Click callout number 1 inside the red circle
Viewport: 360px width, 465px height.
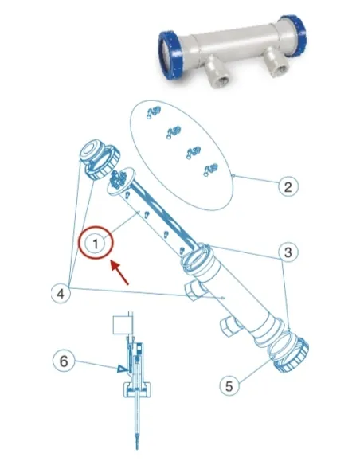96,244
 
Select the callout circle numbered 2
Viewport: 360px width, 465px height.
288,187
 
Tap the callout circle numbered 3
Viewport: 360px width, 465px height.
288,252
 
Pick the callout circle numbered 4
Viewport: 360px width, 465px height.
61,294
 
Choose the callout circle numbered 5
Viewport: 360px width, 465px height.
229,386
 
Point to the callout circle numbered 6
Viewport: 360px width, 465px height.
64,361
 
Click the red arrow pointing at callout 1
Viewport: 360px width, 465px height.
119,272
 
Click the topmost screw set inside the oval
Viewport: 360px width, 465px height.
154,112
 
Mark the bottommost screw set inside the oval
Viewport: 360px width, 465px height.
210,170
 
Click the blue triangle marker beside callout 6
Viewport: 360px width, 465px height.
122,369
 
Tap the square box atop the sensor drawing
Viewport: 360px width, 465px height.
122,325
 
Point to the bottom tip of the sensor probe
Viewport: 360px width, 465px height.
137,449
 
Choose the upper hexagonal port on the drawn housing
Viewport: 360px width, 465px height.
194,291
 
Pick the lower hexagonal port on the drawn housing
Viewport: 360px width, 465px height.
231,326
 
